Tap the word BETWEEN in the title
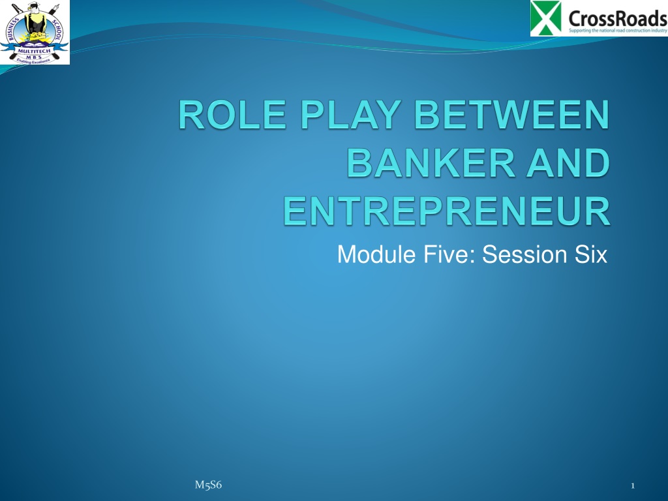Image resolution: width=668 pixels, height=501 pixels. [511, 114]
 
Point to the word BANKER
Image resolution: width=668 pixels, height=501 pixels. [431, 162]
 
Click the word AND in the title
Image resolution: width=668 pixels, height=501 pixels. [568, 162]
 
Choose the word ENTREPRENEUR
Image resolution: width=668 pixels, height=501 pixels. [446, 211]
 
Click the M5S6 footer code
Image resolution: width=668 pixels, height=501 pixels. [208, 485]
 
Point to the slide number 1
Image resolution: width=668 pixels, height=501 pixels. [633, 485]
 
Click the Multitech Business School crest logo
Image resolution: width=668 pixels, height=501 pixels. [35, 33]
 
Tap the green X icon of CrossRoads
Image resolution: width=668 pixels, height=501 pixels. [547, 18]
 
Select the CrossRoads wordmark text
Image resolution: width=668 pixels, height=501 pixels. [617, 18]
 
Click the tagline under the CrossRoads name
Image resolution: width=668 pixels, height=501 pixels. [618, 31]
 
